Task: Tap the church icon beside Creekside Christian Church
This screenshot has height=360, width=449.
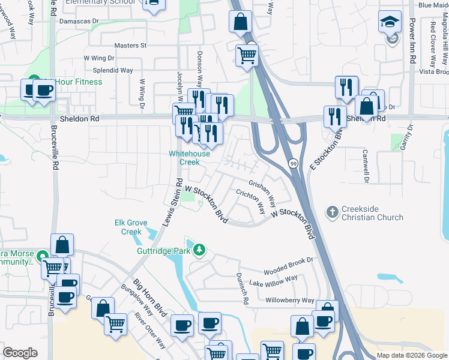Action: [332, 212]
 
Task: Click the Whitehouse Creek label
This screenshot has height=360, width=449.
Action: [189, 158]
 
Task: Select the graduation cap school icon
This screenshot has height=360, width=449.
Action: [390, 22]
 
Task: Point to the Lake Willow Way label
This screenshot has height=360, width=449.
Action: [274, 280]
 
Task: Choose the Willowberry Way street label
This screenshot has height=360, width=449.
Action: [291, 300]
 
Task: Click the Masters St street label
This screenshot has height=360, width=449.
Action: [130, 46]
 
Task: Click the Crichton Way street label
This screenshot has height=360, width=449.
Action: [251, 200]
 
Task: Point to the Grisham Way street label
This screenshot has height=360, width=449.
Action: [263, 190]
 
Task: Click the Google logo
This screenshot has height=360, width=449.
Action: [20, 353]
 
